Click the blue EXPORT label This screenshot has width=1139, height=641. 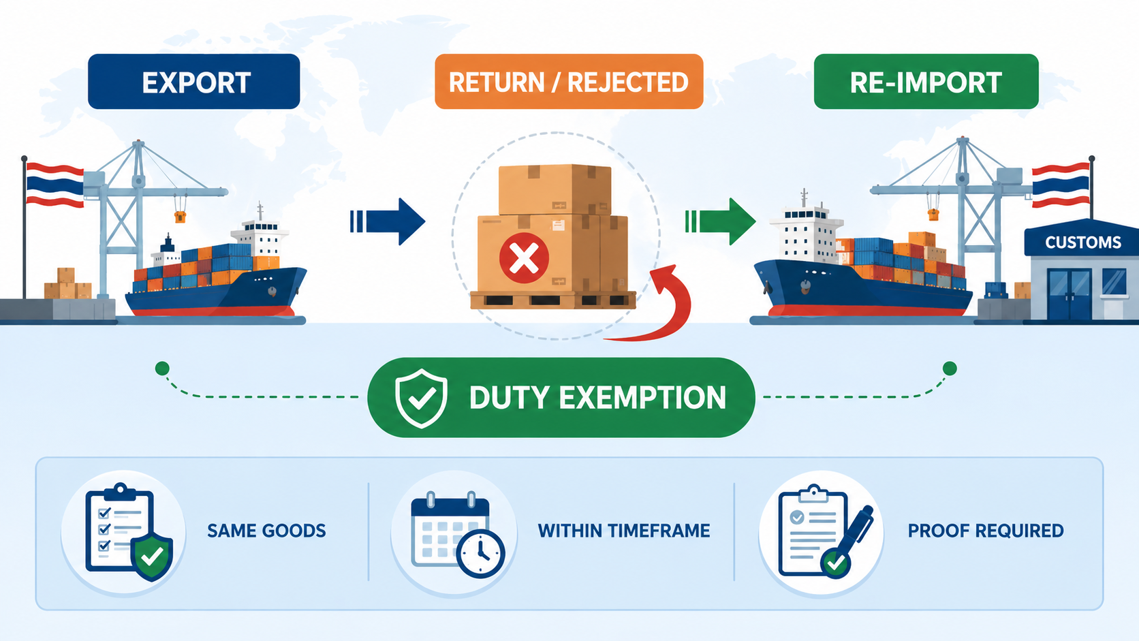(x=194, y=82)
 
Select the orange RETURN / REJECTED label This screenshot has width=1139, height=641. (x=569, y=82)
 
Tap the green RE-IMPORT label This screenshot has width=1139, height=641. (x=926, y=82)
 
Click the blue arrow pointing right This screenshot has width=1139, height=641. (x=389, y=221)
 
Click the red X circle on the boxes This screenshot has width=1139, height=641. (x=524, y=258)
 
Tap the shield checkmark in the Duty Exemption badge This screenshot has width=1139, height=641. (x=421, y=398)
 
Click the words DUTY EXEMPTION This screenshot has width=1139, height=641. (x=597, y=398)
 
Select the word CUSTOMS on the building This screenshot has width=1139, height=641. (x=1082, y=243)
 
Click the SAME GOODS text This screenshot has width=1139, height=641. (x=266, y=531)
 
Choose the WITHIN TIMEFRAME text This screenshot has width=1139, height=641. (x=624, y=531)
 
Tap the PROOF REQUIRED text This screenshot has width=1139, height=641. (x=985, y=531)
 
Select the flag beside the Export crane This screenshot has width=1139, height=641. (x=54, y=184)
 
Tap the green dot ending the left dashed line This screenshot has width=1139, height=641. (x=162, y=369)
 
